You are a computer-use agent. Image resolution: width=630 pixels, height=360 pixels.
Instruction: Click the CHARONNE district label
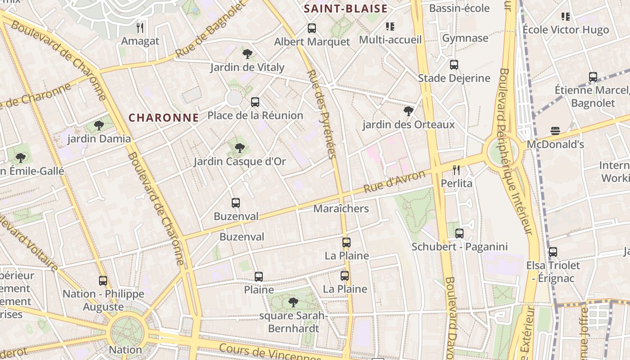[x=163, y=118]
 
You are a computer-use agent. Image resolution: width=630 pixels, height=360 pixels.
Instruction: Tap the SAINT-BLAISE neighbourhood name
[x=345, y=9]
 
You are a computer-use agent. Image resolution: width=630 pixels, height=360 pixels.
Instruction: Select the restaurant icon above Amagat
[x=140, y=28]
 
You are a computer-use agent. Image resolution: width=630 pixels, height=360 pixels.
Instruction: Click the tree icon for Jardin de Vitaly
[x=247, y=54]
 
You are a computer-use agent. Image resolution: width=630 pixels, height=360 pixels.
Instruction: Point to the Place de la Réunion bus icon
[x=255, y=102]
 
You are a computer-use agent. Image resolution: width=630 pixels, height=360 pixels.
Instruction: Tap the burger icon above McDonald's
[x=555, y=131]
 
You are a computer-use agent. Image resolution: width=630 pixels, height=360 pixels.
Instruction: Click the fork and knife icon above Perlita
[x=456, y=170]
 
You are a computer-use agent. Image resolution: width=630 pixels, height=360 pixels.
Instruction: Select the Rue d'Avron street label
[x=394, y=182]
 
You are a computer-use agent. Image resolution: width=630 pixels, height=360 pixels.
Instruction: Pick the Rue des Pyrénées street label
[x=321, y=114]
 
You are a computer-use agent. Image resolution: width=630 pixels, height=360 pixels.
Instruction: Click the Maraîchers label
[x=341, y=208]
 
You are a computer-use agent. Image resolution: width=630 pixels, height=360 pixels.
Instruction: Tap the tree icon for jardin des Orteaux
[x=409, y=111]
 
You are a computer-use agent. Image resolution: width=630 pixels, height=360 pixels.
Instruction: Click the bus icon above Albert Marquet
[x=312, y=28]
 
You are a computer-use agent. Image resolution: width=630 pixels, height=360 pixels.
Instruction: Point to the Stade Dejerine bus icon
[x=454, y=65]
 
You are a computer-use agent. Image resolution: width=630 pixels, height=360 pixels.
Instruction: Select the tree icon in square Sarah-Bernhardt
[x=293, y=302]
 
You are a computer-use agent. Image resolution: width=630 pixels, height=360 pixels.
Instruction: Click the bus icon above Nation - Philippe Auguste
[x=103, y=281]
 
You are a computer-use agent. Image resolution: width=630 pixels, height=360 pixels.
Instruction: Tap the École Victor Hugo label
[x=565, y=30]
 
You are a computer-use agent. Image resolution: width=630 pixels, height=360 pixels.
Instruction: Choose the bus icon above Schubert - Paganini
[x=459, y=234]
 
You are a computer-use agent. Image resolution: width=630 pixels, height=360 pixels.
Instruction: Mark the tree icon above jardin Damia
[x=99, y=126]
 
